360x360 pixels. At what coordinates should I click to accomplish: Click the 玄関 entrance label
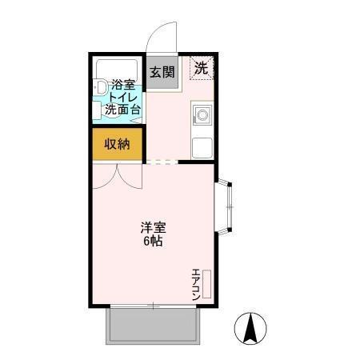162,71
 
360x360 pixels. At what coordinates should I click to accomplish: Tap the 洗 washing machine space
202,68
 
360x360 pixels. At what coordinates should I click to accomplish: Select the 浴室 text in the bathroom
122,84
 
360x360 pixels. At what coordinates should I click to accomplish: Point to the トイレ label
122,97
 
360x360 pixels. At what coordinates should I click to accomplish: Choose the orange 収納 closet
117,144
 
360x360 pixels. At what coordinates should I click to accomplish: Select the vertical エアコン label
195,285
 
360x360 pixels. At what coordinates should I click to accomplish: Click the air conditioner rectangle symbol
206,285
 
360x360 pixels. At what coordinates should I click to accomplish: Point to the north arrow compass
250,328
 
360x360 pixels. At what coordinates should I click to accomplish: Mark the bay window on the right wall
226,206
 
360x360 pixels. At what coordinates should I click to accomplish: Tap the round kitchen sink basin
202,115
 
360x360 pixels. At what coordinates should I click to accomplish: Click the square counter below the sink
202,148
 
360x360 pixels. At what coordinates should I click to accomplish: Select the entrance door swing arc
163,36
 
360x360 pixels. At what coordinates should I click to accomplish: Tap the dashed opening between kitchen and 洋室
162,162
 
